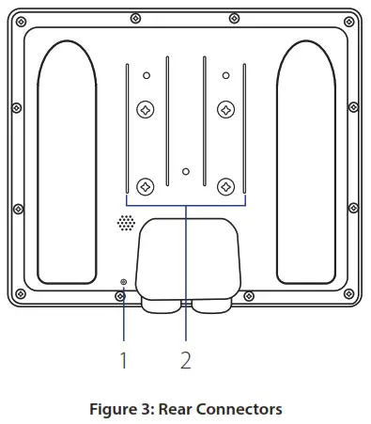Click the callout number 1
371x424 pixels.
tap(123, 359)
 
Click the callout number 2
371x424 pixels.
tap(185, 359)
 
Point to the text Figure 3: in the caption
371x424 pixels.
tap(123, 409)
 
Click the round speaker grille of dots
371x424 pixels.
tap(125, 224)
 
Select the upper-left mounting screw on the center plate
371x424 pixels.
tap(146, 110)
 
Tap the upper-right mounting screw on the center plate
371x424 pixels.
tap(225, 110)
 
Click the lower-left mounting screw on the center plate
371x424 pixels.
tap(146, 185)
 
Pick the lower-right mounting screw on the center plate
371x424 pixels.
tap(225, 185)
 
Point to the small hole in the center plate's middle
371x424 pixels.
tap(186, 172)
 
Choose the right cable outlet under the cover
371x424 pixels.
tap(211, 304)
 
